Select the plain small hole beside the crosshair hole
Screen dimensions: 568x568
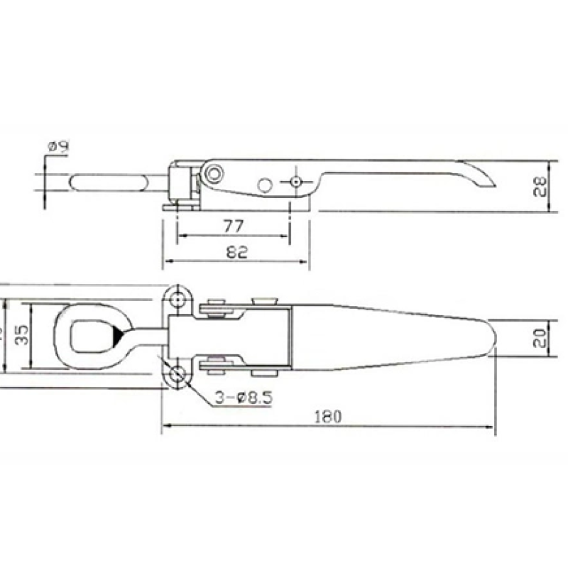pos(265,185)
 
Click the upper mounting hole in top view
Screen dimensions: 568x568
pos(177,298)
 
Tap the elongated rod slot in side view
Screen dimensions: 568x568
pos(110,181)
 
